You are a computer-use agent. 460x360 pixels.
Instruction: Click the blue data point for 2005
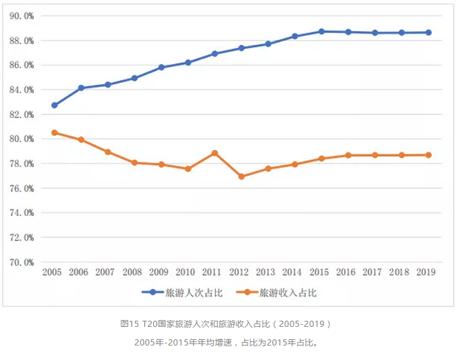tap(54, 106)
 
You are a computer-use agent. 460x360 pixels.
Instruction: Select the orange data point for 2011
tap(214, 152)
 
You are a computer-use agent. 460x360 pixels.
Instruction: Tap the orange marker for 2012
tap(241, 177)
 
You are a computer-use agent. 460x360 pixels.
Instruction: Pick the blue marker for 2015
tap(321, 31)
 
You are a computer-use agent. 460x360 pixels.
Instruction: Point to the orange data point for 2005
tap(54, 132)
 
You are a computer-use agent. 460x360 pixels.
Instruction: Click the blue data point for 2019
tap(428, 32)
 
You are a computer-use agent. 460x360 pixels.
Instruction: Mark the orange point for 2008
tap(134, 163)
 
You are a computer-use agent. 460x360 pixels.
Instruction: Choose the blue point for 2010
tap(188, 62)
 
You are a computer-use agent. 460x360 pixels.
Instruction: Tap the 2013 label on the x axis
tap(267, 273)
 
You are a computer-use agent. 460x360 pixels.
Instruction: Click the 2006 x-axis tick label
tap(79, 273)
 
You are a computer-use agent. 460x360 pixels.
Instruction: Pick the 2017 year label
tap(373, 273)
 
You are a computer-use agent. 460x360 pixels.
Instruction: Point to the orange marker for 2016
tap(348, 155)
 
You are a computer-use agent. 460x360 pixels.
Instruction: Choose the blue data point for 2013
tap(268, 43)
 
